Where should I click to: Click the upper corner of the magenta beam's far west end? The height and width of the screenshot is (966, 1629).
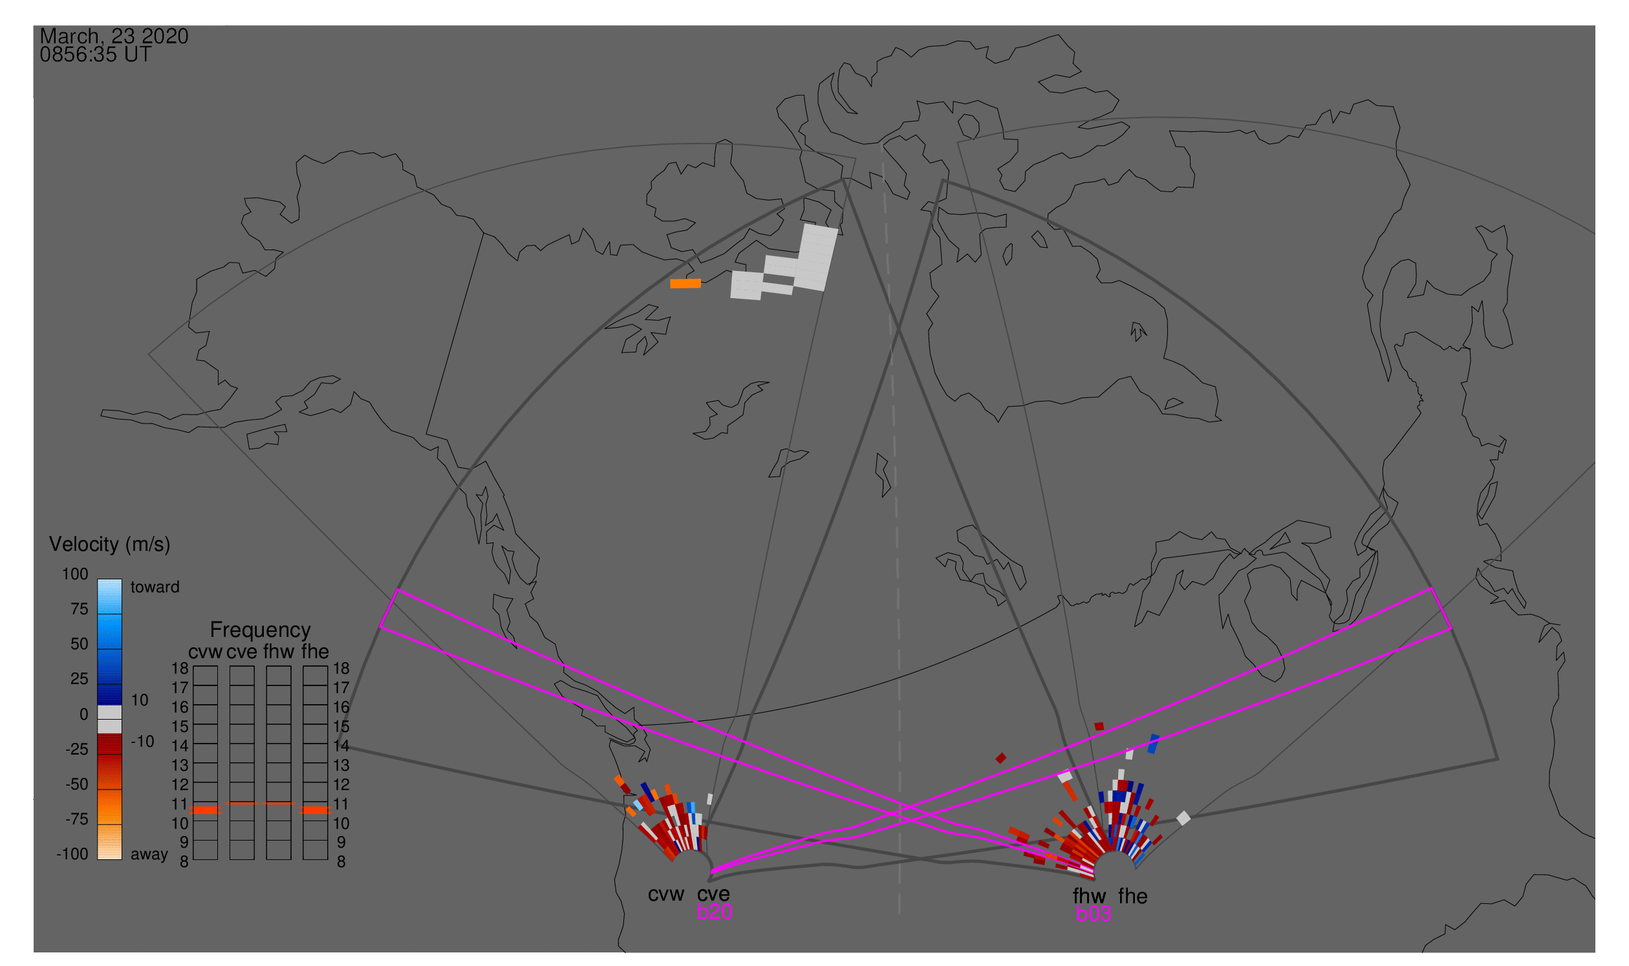tap(397, 590)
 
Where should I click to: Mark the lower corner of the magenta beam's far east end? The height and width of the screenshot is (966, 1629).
tap(1451, 629)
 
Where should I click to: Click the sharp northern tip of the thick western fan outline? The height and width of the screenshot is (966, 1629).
tap(844, 179)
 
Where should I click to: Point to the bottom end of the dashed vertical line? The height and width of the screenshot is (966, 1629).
tap(899, 914)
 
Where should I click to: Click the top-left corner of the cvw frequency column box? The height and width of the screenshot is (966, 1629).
tap(193, 666)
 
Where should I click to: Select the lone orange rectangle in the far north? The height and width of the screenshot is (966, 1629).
tap(685, 283)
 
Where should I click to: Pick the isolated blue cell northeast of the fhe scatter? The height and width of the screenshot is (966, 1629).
tap(1153, 744)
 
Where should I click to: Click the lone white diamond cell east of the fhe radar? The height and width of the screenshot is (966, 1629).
tap(1183, 818)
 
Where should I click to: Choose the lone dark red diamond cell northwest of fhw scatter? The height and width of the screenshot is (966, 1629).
tap(1000, 758)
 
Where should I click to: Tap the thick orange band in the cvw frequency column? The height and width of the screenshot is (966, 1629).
tap(206, 810)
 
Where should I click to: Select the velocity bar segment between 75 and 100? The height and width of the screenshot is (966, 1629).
tap(109, 596)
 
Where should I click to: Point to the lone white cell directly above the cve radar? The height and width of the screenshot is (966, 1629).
tap(709, 799)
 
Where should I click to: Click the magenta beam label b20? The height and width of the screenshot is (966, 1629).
tap(714, 912)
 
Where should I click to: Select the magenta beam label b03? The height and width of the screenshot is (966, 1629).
tap(1093, 914)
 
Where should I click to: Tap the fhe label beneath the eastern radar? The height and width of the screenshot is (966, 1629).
tap(1132, 896)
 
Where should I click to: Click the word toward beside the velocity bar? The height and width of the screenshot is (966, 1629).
tap(155, 587)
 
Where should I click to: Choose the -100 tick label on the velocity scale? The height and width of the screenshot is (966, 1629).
tap(72, 854)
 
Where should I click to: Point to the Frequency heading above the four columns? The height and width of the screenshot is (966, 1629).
tap(261, 630)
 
